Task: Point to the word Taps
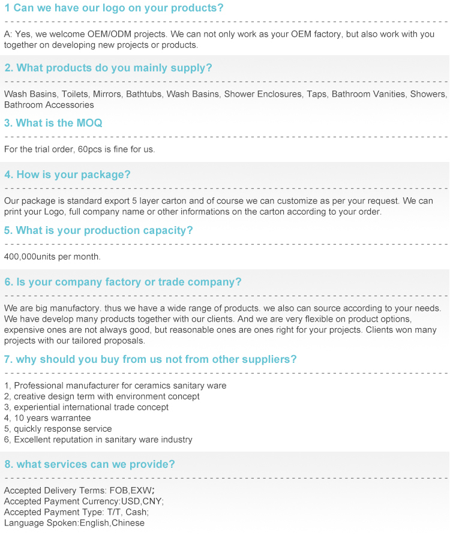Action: click(x=317, y=94)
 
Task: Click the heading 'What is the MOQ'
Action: click(x=53, y=123)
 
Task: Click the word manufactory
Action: click(x=64, y=308)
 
